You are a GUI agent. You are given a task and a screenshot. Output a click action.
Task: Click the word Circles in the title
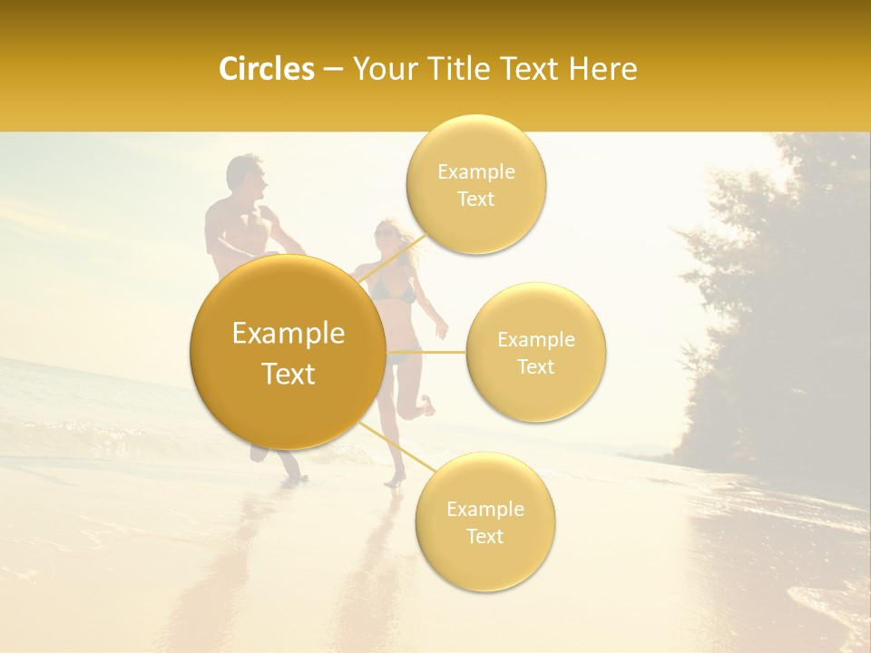click(266, 69)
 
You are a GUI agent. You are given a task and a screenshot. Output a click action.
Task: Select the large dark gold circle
click(288, 352)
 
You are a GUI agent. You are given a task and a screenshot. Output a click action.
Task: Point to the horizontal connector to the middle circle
click(426, 352)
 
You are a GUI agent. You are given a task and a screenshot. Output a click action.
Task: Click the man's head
click(245, 177)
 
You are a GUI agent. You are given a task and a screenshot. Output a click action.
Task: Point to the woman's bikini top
click(396, 292)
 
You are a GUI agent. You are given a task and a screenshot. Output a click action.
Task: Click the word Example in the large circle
click(288, 334)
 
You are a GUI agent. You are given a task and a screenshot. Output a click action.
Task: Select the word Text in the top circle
click(475, 200)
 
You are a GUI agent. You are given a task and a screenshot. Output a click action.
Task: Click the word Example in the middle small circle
click(535, 340)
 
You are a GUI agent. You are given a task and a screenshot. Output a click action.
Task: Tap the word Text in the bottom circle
click(484, 536)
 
